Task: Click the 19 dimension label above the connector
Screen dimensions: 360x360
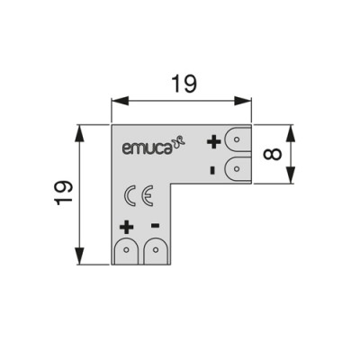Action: click(183, 84)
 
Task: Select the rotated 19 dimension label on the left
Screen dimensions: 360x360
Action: click(61, 191)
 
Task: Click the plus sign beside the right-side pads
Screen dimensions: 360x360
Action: click(213, 141)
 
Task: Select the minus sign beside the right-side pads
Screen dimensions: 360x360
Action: click(211, 168)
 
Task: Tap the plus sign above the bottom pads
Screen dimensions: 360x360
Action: click(126, 226)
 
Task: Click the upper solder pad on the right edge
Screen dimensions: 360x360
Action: click(237, 141)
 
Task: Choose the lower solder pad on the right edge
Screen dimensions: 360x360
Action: click(237, 167)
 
